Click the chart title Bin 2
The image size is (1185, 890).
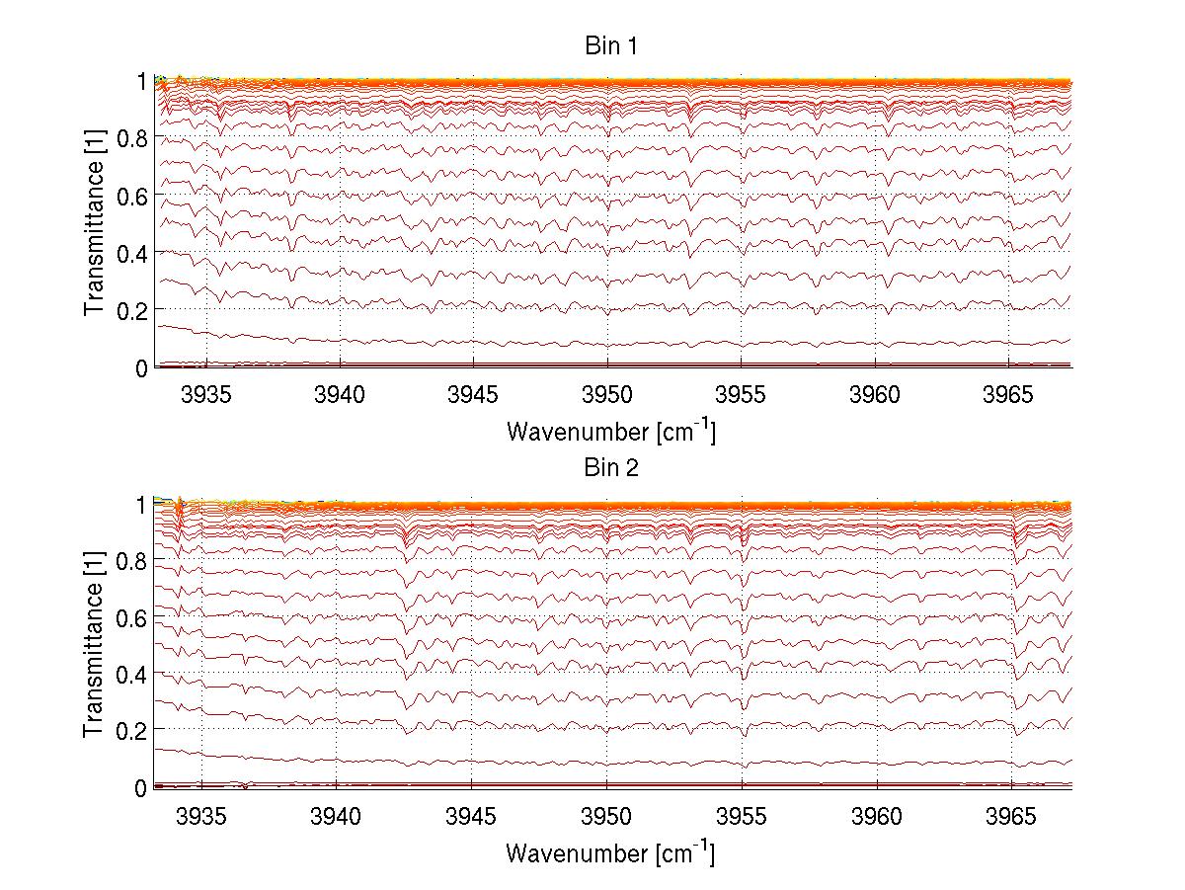pos(612,467)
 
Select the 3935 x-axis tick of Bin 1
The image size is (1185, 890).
pos(207,396)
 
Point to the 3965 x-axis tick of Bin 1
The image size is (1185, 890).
pos(1008,396)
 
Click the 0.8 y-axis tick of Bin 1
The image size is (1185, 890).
pos(131,138)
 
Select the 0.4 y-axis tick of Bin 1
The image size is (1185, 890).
pos(131,253)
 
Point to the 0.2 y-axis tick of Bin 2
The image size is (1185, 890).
pos(131,730)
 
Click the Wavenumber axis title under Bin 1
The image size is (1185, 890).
pos(610,431)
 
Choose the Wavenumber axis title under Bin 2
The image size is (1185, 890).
pos(610,851)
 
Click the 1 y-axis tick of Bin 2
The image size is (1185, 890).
pos(141,504)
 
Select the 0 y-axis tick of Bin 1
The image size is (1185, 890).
pos(141,367)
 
